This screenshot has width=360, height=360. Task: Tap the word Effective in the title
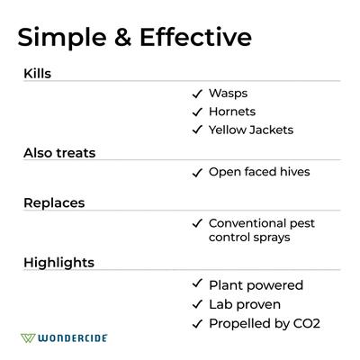194,37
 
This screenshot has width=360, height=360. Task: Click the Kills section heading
37,73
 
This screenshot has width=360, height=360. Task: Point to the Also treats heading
59,152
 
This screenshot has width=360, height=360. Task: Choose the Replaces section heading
54,202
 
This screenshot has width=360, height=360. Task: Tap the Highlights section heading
58,262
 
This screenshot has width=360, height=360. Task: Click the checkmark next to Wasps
196,94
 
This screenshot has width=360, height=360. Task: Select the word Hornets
232,112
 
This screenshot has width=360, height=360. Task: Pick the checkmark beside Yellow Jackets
196,130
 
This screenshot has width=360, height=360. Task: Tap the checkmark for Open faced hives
196,173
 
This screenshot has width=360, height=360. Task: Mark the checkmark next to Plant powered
196,285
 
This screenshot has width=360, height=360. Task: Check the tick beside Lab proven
196,304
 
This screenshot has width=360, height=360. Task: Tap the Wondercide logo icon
29,338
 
